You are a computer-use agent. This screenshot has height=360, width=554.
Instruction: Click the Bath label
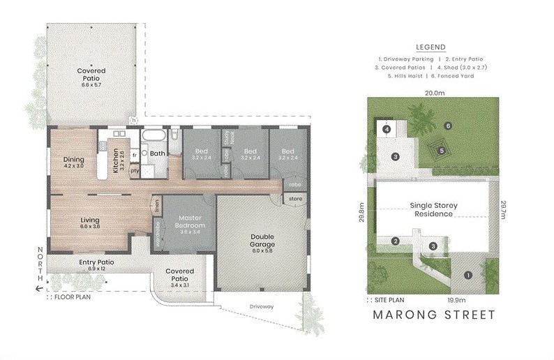[x=158, y=153]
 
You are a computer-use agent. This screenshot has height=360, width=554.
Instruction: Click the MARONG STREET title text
[x=434, y=315]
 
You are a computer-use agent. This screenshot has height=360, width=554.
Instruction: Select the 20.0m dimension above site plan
[x=434, y=92]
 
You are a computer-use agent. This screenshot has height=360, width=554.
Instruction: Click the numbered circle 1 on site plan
[x=468, y=276]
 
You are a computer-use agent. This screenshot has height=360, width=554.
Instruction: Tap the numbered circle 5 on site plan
[x=441, y=150]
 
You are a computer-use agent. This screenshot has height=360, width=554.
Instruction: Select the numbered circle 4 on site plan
[x=386, y=129]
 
